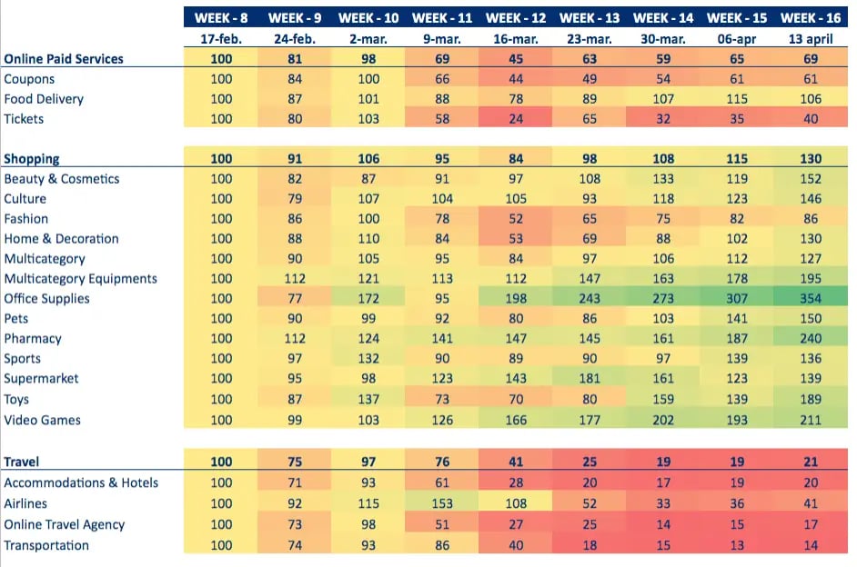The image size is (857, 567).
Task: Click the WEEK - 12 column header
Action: tap(515, 17)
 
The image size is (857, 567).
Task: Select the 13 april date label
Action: tap(811, 39)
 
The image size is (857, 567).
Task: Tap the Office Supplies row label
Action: tap(47, 298)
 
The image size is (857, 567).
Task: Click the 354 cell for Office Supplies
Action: tap(811, 298)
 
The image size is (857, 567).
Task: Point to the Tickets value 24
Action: tap(515, 119)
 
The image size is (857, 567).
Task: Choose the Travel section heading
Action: tap(22, 462)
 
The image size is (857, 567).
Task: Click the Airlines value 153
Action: tap(441, 503)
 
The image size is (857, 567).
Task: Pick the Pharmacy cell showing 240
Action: tap(811, 338)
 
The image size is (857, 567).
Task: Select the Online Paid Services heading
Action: tap(64, 59)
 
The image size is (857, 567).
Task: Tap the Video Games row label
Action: tap(43, 420)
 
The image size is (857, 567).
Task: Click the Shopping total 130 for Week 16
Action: tap(811, 159)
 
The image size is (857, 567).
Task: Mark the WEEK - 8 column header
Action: tap(221, 17)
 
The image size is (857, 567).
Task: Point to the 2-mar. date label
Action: tap(368, 39)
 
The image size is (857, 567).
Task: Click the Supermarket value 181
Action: tap(589, 378)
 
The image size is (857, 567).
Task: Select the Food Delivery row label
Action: tap(44, 99)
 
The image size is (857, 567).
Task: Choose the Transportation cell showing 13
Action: tap(736, 545)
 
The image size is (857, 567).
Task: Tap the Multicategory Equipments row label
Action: tap(81, 278)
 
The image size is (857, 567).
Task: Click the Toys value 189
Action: tap(811, 399)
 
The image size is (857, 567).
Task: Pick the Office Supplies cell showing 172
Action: tap(368, 298)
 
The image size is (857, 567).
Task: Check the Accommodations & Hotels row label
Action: tap(81, 482)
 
